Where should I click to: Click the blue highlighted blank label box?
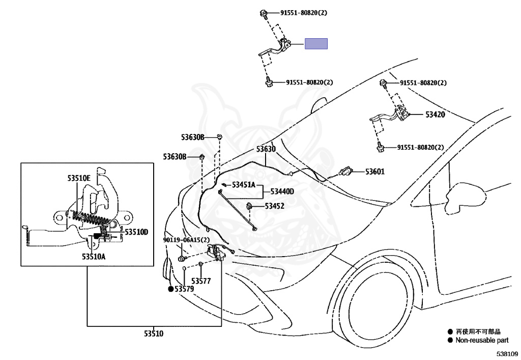pyautogui.click(x=316, y=44)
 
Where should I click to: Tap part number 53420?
pyautogui.click(x=435, y=115)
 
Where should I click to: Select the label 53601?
pyautogui.click(x=375, y=172)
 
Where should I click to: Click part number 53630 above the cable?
pyautogui.click(x=266, y=149)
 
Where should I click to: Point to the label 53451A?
pyautogui.click(x=244, y=185)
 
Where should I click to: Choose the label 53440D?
pyautogui.click(x=282, y=191)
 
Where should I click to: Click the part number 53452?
pyautogui.click(x=274, y=206)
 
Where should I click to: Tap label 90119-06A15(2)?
pyautogui.click(x=186, y=240)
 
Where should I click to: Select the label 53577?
pyautogui.click(x=201, y=281)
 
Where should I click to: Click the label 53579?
pyautogui.click(x=184, y=289)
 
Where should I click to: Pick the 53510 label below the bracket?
pyautogui.click(x=154, y=334)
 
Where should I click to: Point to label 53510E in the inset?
pyautogui.click(x=79, y=179)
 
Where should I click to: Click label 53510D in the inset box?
pyautogui.click(x=136, y=232)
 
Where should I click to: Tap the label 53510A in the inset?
pyautogui.click(x=94, y=257)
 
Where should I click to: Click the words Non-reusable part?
pyautogui.click(x=482, y=340)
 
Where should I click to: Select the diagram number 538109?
pyautogui.click(x=507, y=354)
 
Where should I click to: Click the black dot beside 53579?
pyautogui.click(x=171, y=289)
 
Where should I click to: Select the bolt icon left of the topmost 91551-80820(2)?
pyautogui.click(x=264, y=13)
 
